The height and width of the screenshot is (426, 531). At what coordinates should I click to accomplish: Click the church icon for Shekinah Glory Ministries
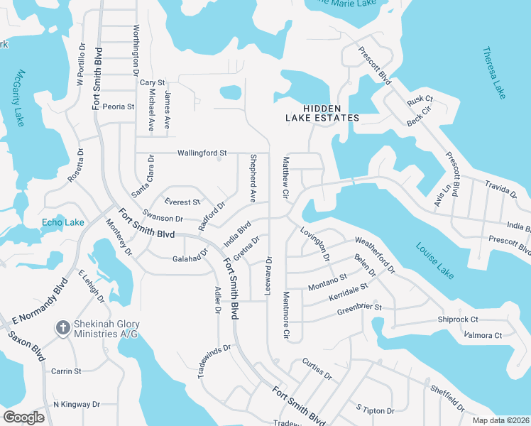pos(62,327)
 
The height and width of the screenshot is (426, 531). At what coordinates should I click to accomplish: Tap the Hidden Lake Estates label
pos(322,113)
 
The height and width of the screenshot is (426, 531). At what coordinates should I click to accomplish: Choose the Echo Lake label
pos(62,222)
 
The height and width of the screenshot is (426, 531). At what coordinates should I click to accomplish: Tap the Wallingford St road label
pos(202,153)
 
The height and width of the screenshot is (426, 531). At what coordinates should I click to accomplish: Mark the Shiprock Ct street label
pos(458,319)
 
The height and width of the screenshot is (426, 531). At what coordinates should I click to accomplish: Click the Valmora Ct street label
pos(482,335)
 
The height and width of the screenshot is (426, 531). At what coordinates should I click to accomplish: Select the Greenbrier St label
pos(359,309)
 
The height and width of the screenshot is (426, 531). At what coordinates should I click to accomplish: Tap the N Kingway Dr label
pos(77,405)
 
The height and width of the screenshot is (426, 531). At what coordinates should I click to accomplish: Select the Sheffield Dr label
pos(447,398)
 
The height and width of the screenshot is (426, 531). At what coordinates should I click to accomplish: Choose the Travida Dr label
pos(500,188)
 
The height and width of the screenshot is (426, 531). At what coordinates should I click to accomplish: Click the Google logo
pos(23,417)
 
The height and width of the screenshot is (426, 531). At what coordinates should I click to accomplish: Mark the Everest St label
pos(182,202)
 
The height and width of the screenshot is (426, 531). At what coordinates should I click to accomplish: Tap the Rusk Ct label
pos(415,102)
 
